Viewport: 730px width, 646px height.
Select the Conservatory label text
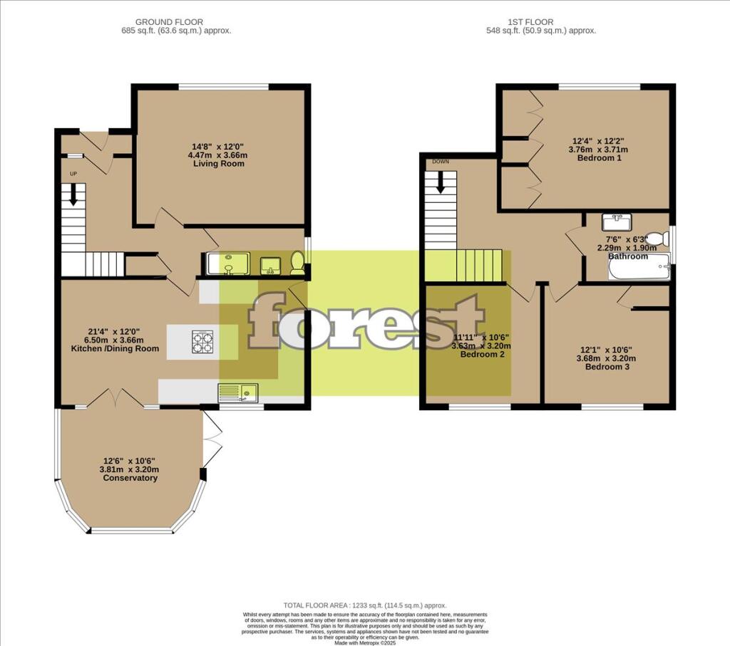[130, 478]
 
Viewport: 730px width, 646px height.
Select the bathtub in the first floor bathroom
[638, 267]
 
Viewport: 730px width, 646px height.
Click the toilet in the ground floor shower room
[297, 264]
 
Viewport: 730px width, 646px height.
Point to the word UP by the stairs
[73, 173]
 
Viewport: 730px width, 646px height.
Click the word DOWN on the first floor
[440, 162]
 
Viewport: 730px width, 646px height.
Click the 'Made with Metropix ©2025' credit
[365, 642]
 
